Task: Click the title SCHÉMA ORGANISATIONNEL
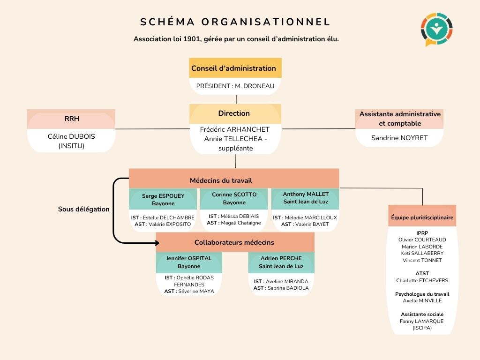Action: [x=235, y=22]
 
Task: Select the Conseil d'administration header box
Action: [x=235, y=68]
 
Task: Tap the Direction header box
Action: [x=235, y=113]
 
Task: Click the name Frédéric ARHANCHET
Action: [x=235, y=129]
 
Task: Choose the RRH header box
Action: [x=71, y=119]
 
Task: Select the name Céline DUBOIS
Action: [x=71, y=136]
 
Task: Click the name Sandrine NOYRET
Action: [x=399, y=138]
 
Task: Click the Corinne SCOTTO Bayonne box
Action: [x=234, y=199]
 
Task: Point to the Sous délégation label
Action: [x=84, y=209]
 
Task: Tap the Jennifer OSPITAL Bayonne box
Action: [x=189, y=262]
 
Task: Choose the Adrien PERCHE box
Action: [x=281, y=262]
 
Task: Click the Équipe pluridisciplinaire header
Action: [x=422, y=217]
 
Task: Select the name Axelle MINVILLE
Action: [x=422, y=301]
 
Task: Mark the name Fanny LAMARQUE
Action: [x=421, y=321]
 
